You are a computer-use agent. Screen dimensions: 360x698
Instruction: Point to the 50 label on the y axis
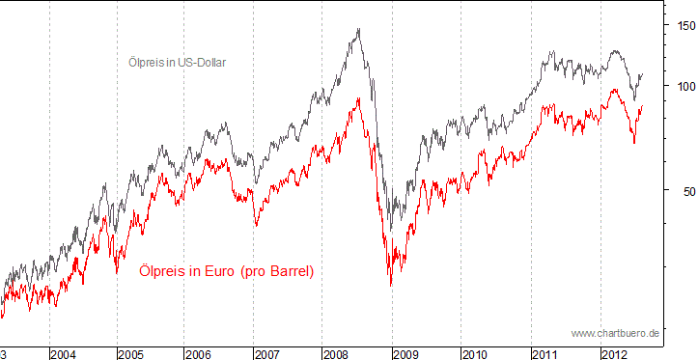pyautogui.click(x=682, y=191)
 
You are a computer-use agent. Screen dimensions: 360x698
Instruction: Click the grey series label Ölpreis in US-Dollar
pyautogui.click(x=177, y=62)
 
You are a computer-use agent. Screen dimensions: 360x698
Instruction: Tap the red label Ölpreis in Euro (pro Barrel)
pyautogui.click(x=226, y=272)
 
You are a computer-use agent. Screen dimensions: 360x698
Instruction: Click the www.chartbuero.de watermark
pyautogui.click(x=615, y=333)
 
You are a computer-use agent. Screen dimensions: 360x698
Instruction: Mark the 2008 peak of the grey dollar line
pyautogui.click(x=359, y=29)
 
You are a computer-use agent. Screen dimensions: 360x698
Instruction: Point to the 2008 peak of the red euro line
pyautogui.click(x=359, y=97)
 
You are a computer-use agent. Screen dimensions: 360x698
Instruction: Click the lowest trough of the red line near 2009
pyautogui.click(x=391, y=286)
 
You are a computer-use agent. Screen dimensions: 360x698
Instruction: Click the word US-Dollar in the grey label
pyautogui.click(x=201, y=62)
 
